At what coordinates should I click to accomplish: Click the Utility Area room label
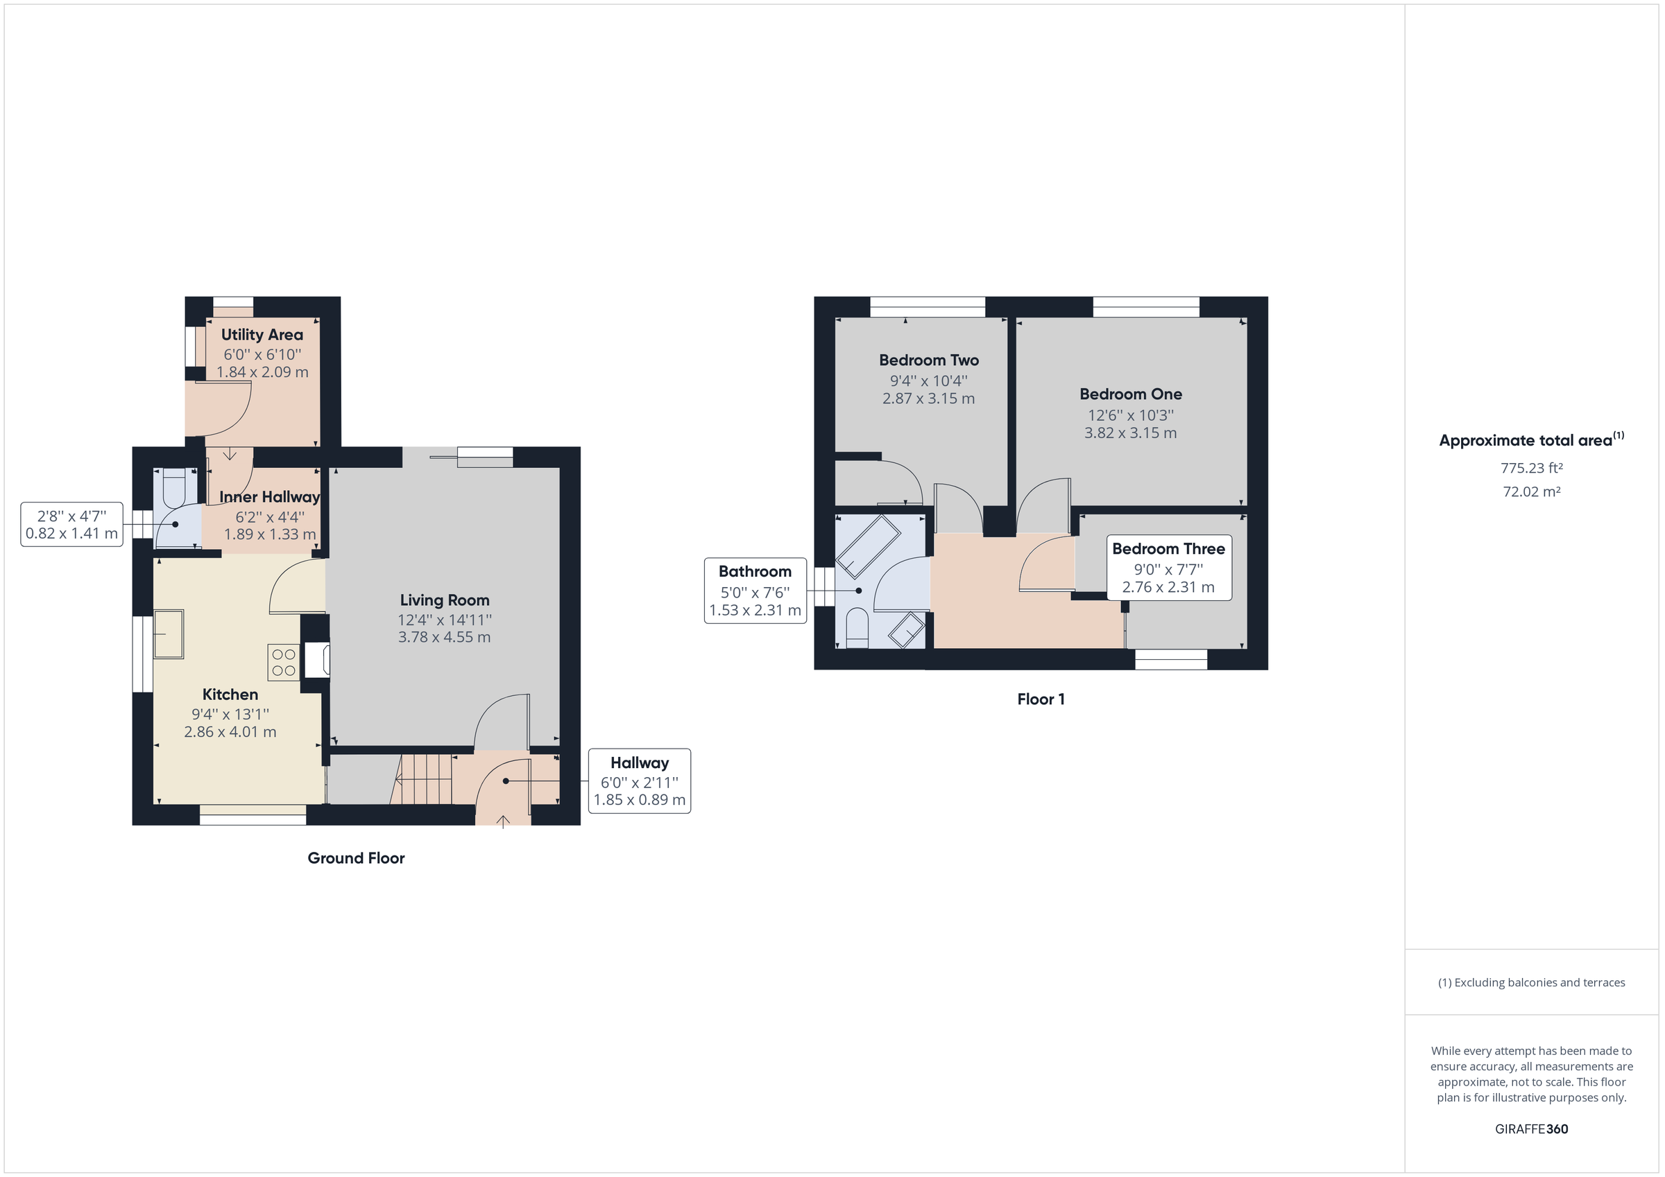click(x=262, y=335)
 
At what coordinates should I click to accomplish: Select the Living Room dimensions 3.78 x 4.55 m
click(x=444, y=637)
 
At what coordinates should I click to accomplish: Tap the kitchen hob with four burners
click(x=284, y=663)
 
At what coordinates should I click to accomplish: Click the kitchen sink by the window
click(x=169, y=634)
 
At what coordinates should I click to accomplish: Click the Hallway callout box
click(x=639, y=781)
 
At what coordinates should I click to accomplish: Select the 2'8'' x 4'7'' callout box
click(x=71, y=525)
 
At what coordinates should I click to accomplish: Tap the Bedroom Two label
click(x=928, y=360)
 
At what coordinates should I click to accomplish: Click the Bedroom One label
click(x=1130, y=394)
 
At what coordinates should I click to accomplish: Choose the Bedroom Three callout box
click(x=1168, y=568)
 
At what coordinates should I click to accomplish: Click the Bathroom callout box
click(x=755, y=591)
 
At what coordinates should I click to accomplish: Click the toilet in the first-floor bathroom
click(x=856, y=627)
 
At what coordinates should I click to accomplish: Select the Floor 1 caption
click(x=1040, y=699)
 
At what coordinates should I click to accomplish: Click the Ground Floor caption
click(x=355, y=858)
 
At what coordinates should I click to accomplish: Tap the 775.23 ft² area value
click(x=1531, y=469)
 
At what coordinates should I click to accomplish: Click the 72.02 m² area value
click(x=1531, y=492)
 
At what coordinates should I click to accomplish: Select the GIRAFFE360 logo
click(x=1531, y=1129)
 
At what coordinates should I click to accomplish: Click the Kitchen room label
click(x=230, y=695)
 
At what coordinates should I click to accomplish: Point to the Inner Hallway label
click(x=269, y=497)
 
